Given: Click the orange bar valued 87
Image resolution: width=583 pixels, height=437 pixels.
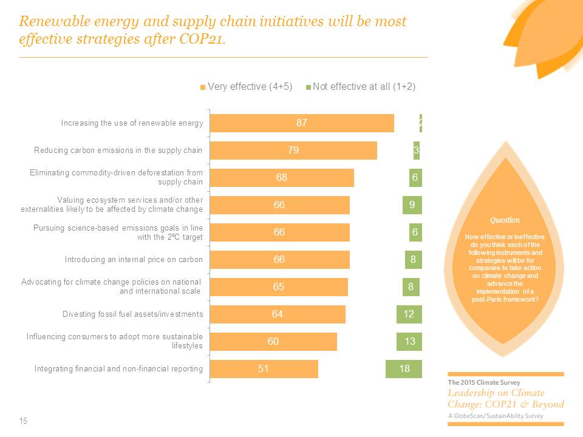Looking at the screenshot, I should pyautogui.click(x=302, y=123).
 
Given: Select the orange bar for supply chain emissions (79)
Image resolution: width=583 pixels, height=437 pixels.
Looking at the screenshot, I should pyautogui.click(x=293, y=151).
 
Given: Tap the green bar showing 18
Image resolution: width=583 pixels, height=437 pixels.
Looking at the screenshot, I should pyautogui.click(x=403, y=368).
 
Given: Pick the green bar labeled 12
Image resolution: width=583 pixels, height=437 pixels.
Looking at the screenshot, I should pyautogui.click(x=409, y=314).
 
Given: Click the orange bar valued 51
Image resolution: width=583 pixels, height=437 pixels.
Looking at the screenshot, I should pyautogui.click(x=264, y=368).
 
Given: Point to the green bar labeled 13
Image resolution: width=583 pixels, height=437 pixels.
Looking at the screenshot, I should pyautogui.click(x=409, y=341).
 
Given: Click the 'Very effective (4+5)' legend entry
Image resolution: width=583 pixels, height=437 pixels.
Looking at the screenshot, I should pyautogui.click(x=247, y=87).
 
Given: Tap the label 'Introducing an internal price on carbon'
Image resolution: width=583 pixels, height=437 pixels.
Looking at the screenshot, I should pyautogui.click(x=134, y=260).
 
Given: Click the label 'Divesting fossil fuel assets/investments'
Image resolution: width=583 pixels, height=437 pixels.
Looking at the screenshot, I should pyautogui.click(x=132, y=314).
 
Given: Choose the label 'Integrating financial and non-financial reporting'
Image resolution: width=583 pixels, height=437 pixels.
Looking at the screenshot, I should pyautogui.click(x=118, y=368).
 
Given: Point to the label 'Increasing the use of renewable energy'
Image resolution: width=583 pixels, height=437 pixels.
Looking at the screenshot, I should pyautogui.click(x=132, y=123).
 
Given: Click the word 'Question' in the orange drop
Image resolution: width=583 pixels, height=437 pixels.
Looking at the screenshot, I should pyautogui.click(x=505, y=220).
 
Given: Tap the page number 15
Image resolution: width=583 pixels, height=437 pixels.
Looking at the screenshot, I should pyautogui.click(x=24, y=421).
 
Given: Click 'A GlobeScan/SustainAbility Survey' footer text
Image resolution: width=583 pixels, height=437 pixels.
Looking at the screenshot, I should pyautogui.click(x=496, y=416).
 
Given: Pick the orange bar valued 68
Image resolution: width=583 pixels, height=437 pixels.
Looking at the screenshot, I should pyautogui.click(x=281, y=178).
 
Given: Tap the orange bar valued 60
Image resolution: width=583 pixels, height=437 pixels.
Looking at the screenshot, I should pyautogui.click(x=273, y=341).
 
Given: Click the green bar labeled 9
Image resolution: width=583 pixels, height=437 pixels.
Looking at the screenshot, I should pyautogui.click(x=412, y=205).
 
